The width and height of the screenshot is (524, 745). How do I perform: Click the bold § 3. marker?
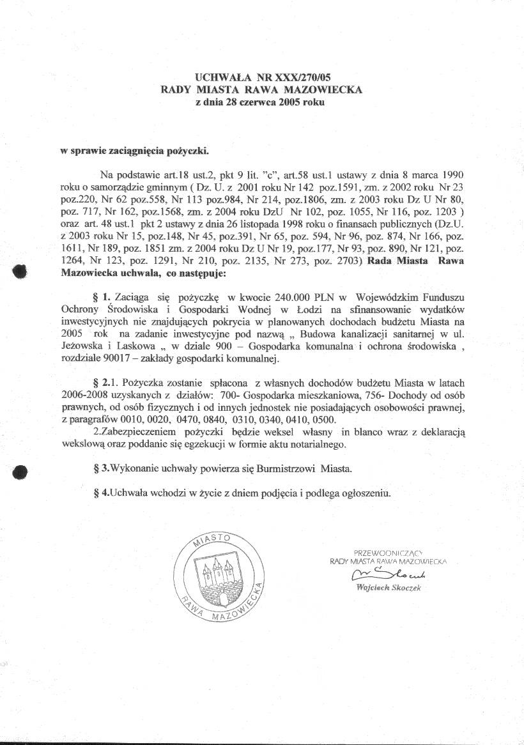pyautogui.click(x=101, y=468)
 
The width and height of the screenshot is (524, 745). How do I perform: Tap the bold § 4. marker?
pyautogui.click(x=101, y=493)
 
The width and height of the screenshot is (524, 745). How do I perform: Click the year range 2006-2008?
pyautogui.click(x=85, y=396)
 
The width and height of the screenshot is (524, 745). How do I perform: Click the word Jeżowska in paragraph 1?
pyautogui.click(x=82, y=348)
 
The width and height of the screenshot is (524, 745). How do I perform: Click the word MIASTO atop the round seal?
pyautogui.click(x=214, y=540)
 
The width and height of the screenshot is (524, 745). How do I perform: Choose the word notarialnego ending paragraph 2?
pyautogui.click(x=316, y=444)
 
